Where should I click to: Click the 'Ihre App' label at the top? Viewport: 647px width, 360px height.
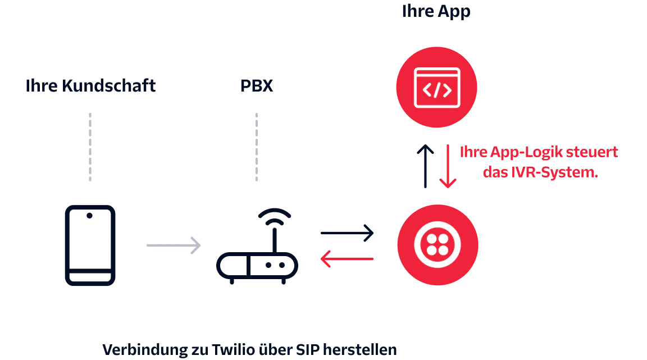pyautogui.click(x=435, y=12)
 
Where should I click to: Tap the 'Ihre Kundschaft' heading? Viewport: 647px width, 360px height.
pyautogui.click(x=90, y=86)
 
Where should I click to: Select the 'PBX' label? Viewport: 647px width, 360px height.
pyautogui.click(x=256, y=86)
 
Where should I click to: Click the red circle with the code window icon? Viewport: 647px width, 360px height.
pyautogui.click(x=436, y=88)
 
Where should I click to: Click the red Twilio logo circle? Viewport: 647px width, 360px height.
pyautogui.click(x=438, y=245)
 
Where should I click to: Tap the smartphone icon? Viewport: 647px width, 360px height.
pyautogui.click(x=90, y=246)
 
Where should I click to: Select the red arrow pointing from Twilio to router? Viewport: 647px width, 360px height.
pyautogui.click(x=347, y=258)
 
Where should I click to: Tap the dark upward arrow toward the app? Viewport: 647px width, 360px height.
pyautogui.click(x=425, y=166)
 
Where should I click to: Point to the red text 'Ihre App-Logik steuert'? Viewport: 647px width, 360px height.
pyautogui.click(x=539, y=152)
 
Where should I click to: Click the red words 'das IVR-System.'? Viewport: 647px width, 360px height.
pyautogui.click(x=539, y=172)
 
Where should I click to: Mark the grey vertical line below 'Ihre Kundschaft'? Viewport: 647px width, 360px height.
pyautogui.click(x=90, y=148)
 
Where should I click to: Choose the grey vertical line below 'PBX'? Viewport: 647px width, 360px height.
pyautogui.click(x=256, y=148)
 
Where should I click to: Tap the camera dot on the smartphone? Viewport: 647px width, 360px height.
pyautogui.click(x=90, y=216)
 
